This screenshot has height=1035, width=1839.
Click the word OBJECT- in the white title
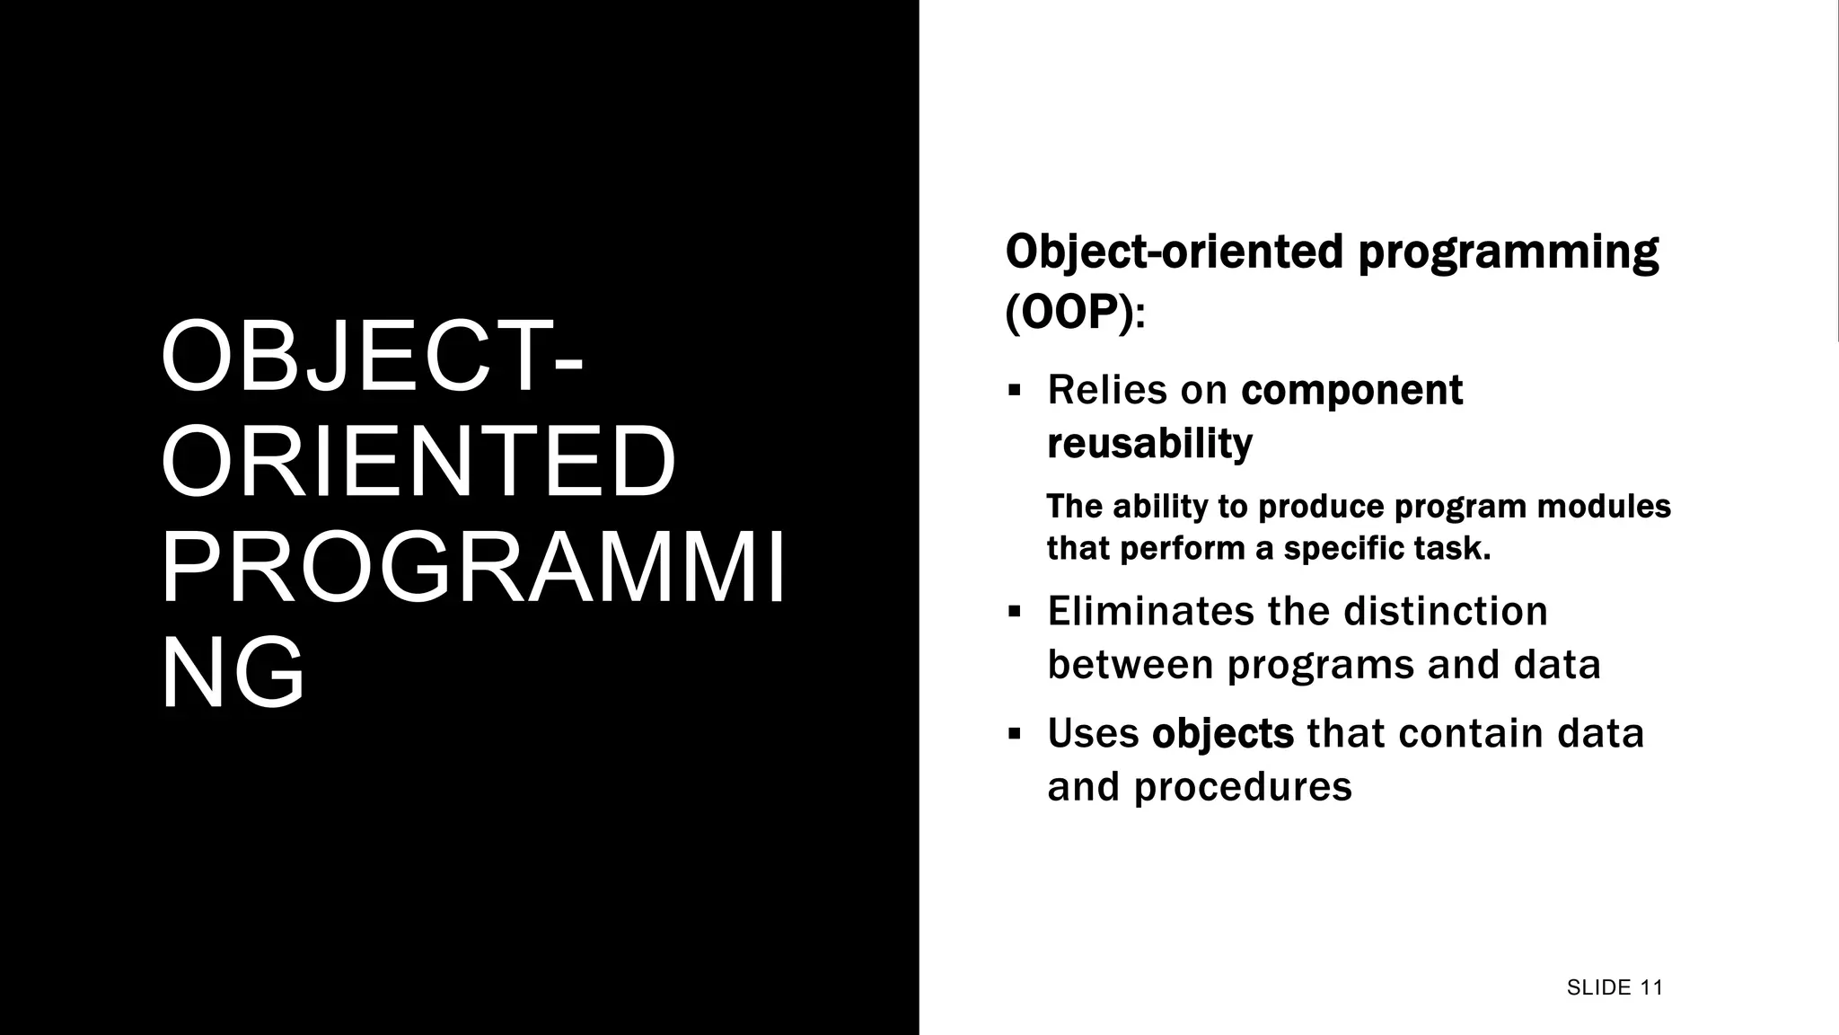click(x=372, y=358)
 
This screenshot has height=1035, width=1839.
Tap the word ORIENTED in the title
click(x=418, y=464)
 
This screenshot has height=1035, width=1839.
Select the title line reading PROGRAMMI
click(x=473, y=570)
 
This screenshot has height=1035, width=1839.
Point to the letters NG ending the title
click(x=233, y=675)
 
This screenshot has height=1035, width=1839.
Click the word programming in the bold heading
click(x=1508, y=253)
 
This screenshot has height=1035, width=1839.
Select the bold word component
click(x=1351, y=391)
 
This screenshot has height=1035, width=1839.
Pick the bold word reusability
click(x=1149, y=444)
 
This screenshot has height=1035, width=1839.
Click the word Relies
click(x=1106, y=391)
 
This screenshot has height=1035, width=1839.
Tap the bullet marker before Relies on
click(x=1015, y=391)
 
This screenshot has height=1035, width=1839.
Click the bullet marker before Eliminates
click(x=1015, y=613)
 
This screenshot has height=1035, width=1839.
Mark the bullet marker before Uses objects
click(x=1015, y=734)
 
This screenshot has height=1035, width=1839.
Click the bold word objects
click(x=1222, y=735)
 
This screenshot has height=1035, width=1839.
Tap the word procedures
click(x=1242, y=788)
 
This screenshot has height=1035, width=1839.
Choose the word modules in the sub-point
click(x=1604, y=508)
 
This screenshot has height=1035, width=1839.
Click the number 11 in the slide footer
click(x=1650, y=988)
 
